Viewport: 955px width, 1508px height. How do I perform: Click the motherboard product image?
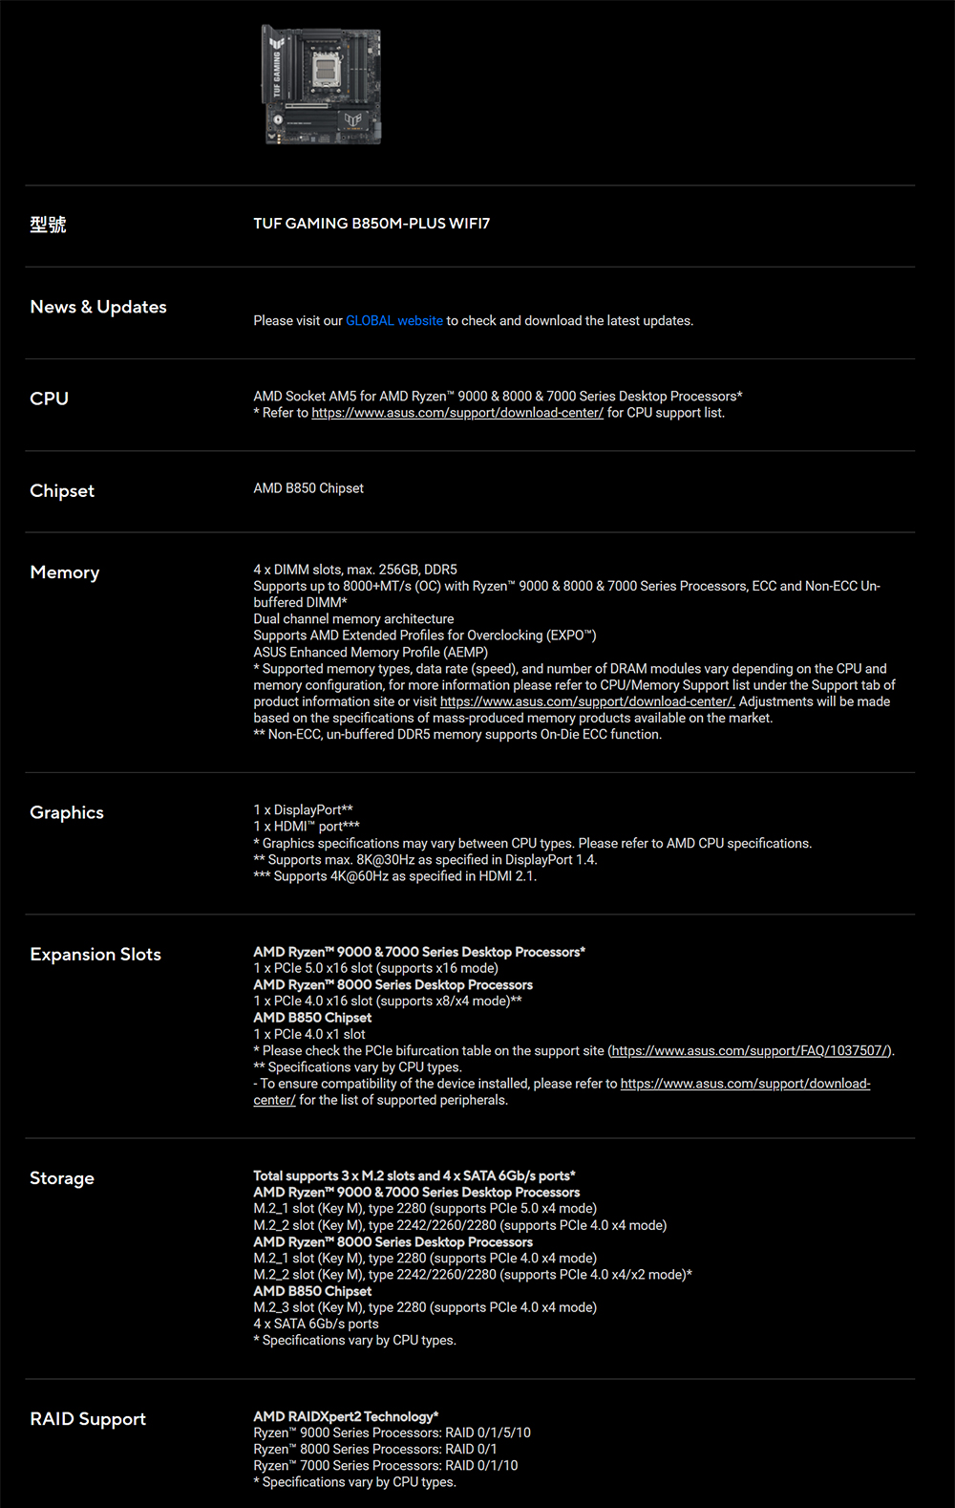click(x=322, y=85)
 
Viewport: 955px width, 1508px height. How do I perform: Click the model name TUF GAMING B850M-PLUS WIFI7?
click(x=371, y=224)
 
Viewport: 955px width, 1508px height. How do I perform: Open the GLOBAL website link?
click(x=393, y=321)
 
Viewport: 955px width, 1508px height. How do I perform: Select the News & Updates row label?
click(x=98, y=307)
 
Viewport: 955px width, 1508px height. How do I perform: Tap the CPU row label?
click(x=50, y=399)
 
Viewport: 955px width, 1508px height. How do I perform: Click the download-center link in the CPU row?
click(x=456, y=413)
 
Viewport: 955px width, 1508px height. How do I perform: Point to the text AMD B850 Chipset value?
click(x=308, y=488)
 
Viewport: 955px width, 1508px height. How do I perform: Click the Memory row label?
click(x=65, y=572)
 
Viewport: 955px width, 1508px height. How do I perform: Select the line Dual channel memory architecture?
click(x=353, y=619)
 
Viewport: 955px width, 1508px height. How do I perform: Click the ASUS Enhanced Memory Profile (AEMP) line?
click(x=371, y=653)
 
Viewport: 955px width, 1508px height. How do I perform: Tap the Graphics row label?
click(x=67, y=812)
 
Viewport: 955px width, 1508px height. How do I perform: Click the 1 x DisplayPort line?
click(x=303, y=810)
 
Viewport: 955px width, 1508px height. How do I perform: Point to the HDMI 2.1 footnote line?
click(x=394, y=876)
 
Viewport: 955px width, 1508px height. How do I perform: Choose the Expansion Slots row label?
click(x=95, y=955)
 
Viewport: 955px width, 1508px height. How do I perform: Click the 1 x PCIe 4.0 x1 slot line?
click(x=309, y=1035)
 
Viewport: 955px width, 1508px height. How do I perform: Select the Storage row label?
click(x=62, y=1178)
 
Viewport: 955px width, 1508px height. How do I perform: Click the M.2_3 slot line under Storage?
click(x=424, y=1307)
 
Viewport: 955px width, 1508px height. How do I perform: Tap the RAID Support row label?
click(x=88, y=1419)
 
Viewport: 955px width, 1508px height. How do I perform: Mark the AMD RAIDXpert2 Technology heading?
click(x=346, y=1416)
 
